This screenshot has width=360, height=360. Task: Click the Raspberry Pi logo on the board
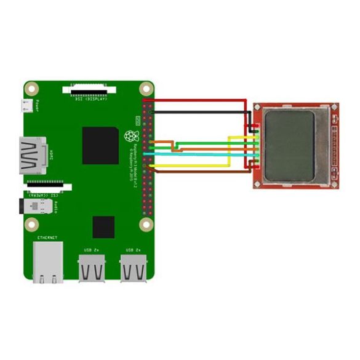129,135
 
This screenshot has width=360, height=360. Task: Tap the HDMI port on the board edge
33,156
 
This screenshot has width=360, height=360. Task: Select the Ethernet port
47,262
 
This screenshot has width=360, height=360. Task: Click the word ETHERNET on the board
47,238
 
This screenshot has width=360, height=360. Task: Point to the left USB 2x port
92,268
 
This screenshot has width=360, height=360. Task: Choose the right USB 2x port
134,268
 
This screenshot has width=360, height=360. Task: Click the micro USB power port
26,106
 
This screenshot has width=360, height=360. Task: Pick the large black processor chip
100,145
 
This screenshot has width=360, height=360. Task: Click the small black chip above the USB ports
103,227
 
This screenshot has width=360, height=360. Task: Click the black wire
197,112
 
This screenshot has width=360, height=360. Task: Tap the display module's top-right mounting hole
334,106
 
